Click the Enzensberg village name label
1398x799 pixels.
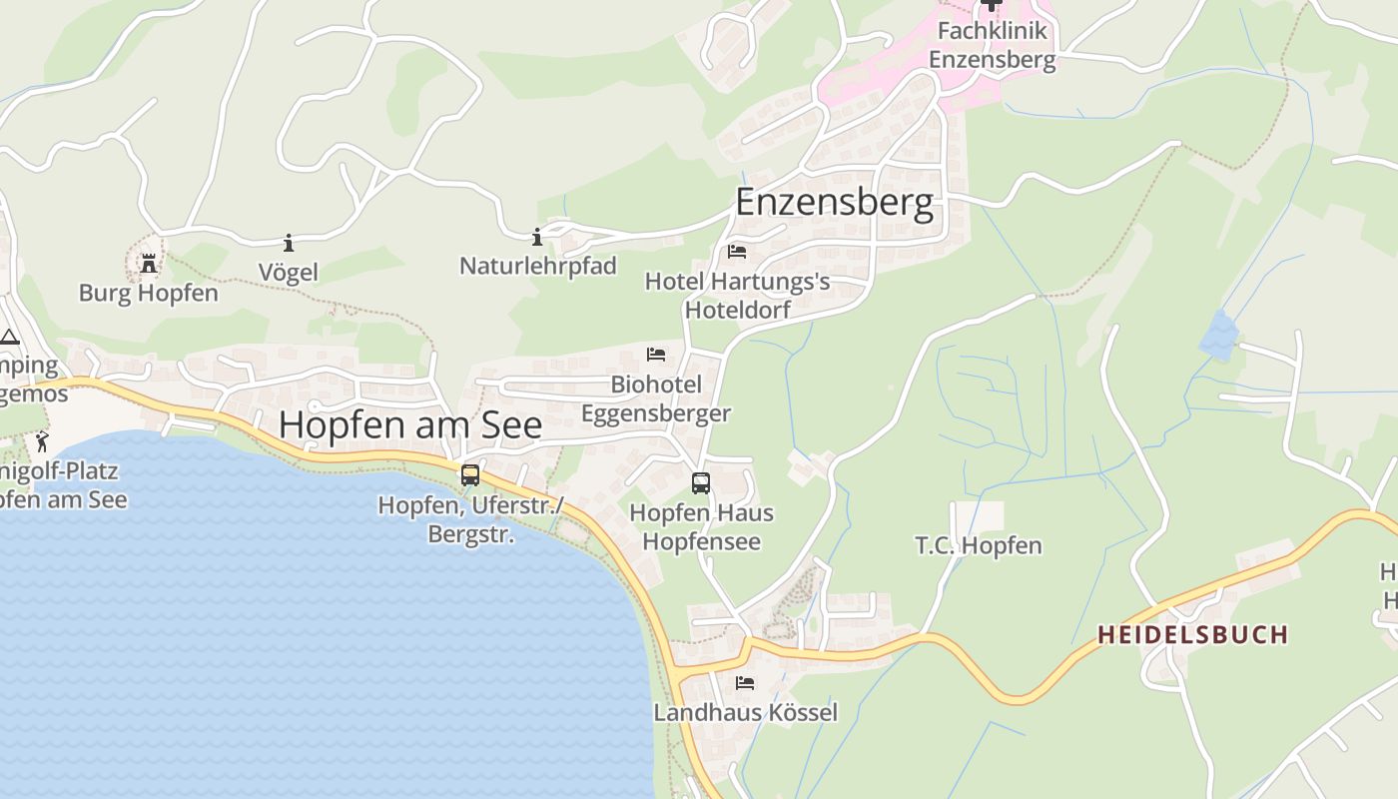(x=835, y=202)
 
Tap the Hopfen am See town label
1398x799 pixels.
(x=410, y=424)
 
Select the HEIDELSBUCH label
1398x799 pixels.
(x=1192, y=634)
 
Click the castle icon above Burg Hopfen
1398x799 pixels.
(x=149, y=264)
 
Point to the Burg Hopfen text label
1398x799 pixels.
(x=149, y=294)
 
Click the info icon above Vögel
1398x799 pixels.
(x=289, y=243)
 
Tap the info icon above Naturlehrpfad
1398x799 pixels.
(x=537, y=237)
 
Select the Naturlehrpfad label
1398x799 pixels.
(x=537, y=266)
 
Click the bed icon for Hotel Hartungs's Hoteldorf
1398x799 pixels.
(x=737, y=252)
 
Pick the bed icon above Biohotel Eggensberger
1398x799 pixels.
(x=656, y=355)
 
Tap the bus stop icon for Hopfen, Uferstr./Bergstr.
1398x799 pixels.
(x=470, y=475)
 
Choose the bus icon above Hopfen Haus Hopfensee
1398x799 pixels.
(x=701, y=483)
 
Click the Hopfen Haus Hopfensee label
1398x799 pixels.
(x=701, y=527)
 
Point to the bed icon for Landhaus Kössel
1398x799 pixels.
(x=745, y=683)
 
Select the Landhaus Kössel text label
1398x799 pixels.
(x=745, y=712)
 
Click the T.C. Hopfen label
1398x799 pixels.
(x=979, y=545)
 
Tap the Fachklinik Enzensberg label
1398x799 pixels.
(x=992, y=45)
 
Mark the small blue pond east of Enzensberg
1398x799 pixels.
(x=1216, y=336)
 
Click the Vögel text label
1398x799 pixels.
(x=289, y=272)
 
